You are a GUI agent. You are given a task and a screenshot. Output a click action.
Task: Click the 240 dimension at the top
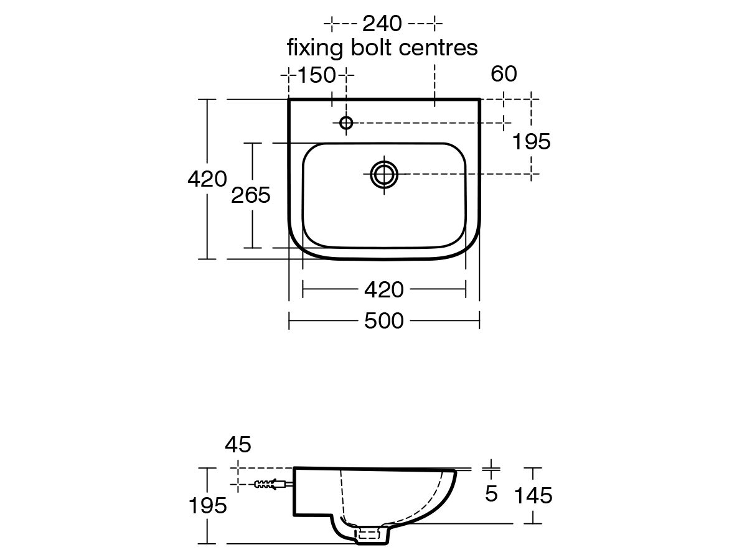[383, 24]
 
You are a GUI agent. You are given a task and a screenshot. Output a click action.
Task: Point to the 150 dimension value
[316, 75]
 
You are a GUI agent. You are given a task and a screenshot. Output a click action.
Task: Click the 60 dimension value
[504, 75]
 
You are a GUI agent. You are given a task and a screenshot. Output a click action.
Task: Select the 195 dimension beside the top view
[531, 142]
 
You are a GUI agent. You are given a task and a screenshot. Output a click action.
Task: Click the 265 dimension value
[251, 195]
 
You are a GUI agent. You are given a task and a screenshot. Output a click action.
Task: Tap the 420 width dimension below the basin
[383, 289]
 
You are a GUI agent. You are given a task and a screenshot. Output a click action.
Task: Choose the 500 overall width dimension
[383, 320]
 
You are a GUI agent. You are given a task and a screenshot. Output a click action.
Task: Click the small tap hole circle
[347, 123]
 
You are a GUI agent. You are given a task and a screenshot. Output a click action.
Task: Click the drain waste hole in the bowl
[384, 175]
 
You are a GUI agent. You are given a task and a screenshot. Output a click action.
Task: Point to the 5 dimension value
[491, 494]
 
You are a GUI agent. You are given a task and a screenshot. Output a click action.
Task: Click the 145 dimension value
[533, 495]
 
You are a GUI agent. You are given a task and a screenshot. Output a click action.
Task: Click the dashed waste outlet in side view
[367, 532]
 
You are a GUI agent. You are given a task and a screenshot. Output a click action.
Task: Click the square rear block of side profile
[314, 492]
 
